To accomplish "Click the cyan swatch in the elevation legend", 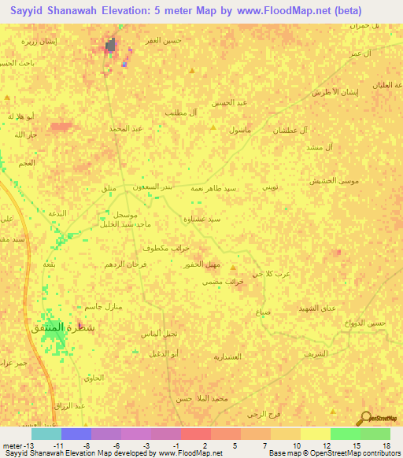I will [46, 434].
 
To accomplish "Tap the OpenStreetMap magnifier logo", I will [365, 418].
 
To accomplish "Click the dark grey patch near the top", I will [112, 46].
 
